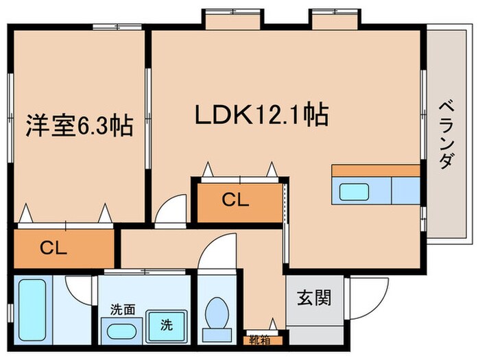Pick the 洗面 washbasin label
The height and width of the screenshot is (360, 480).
click(x=121, y=310)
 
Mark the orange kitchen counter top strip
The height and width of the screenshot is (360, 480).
click(x=375, y=170)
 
